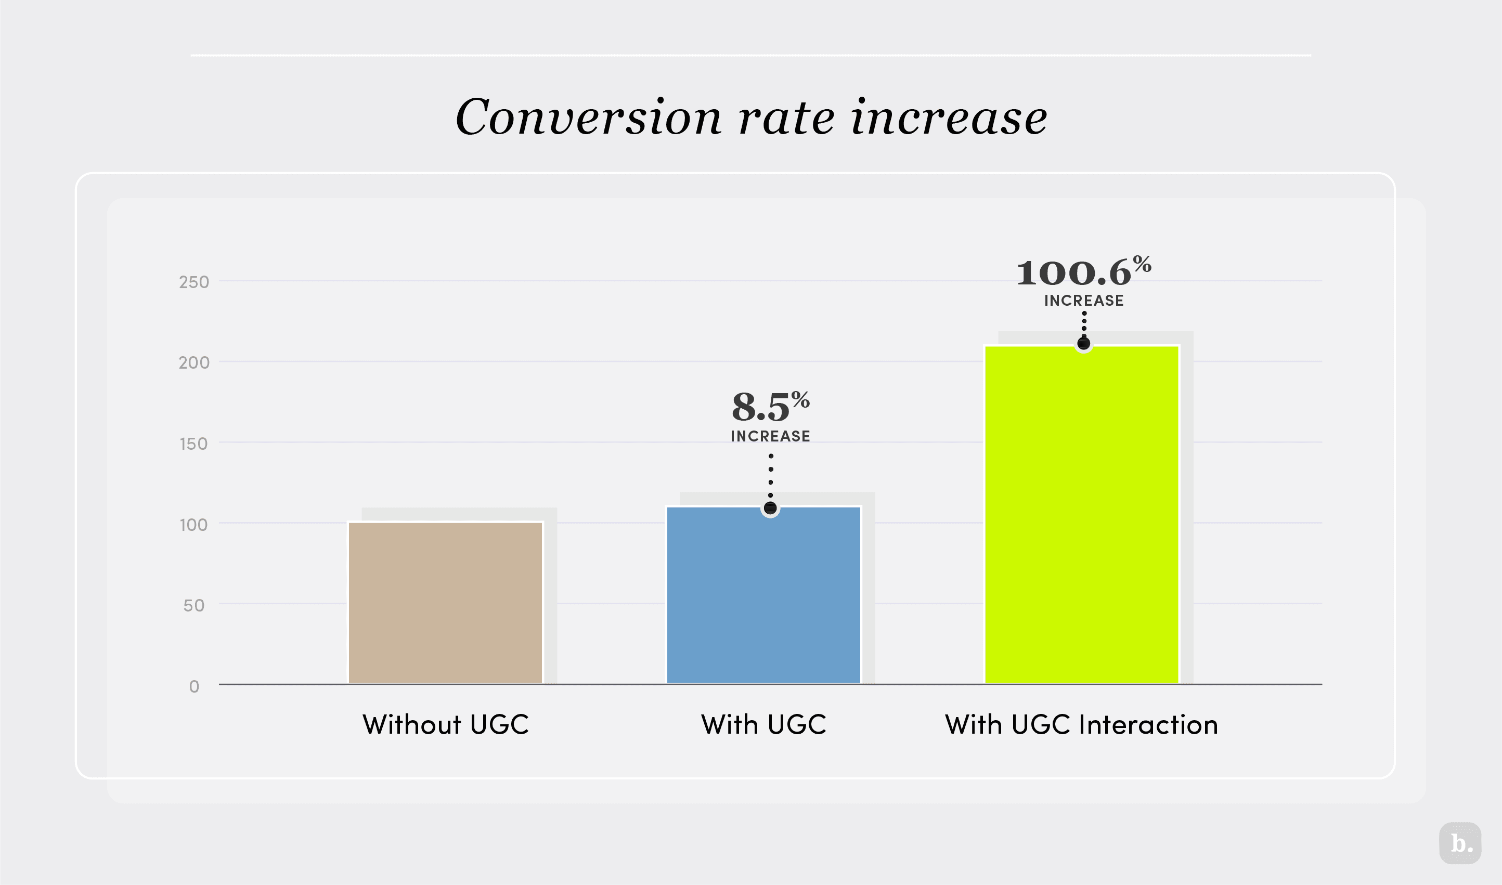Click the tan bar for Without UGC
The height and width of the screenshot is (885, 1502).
[446, 602]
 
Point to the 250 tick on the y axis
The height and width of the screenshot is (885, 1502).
[194, 282]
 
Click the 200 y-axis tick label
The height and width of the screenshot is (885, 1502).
[194, 362]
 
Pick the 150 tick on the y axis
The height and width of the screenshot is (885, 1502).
[194, 444]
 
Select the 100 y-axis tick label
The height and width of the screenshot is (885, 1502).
[194, 525]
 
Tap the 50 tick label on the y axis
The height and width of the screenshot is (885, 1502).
[194, 605]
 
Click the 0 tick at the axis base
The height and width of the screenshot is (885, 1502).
[194, 686]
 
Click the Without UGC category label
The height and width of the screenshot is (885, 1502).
[446, 724]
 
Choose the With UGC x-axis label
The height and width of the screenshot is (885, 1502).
[763, 724]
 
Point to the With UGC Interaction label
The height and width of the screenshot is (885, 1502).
[1081, 724]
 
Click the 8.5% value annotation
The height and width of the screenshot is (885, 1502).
[770, 407]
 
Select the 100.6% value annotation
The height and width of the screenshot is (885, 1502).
[1083, 272]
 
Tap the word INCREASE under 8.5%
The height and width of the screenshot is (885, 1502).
[770, 436]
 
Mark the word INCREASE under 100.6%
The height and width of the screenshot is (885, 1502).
[1084, 301]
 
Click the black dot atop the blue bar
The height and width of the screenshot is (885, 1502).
[770, 508]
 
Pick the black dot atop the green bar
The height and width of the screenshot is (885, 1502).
[1084, 344]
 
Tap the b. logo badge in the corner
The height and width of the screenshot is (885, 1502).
[1460, 843]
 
